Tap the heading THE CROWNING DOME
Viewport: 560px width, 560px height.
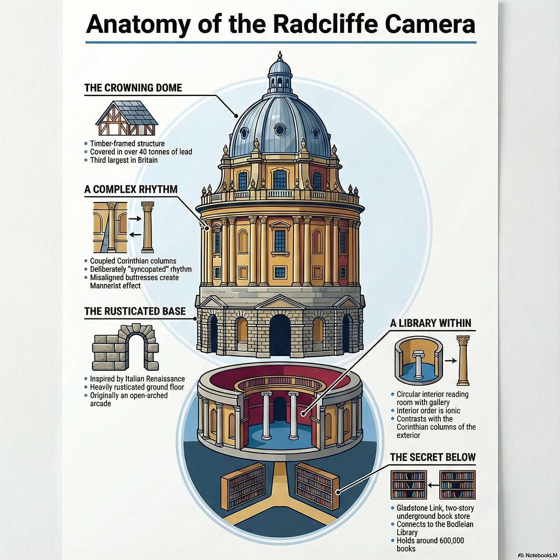point(133,88)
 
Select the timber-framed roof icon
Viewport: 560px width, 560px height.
point(126,118)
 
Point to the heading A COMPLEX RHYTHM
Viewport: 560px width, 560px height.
point(131,190)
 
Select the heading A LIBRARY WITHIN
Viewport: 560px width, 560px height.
point(431,323)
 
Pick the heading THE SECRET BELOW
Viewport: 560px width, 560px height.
point(433,457)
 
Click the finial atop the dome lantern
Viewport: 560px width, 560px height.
point(280,55)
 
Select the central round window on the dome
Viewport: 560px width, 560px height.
point(280,129)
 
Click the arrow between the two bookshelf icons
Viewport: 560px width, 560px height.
point(433,485)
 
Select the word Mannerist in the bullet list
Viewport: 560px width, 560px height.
point(107,286)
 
